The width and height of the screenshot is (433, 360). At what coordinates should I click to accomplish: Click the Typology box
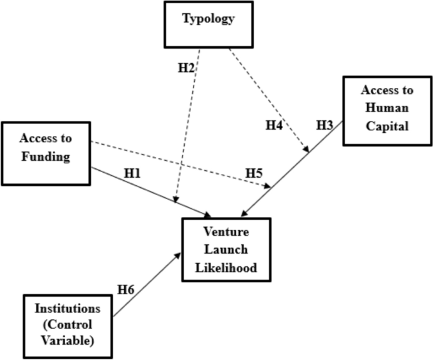coord(208,25)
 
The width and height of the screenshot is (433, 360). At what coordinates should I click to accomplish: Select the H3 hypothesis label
coord(324,125)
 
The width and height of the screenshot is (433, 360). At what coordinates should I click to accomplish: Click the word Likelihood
coord(226,268)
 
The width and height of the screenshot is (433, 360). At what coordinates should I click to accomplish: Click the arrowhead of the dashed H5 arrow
coord(269,187)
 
